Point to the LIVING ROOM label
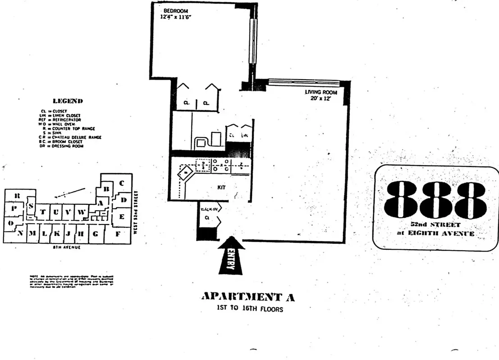coord(321,92)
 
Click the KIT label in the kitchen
coord(221,187)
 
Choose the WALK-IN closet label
coord(208,209)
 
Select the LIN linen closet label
coord(245,135)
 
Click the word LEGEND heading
coord(68,101)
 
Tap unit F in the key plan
coord(118,234)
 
